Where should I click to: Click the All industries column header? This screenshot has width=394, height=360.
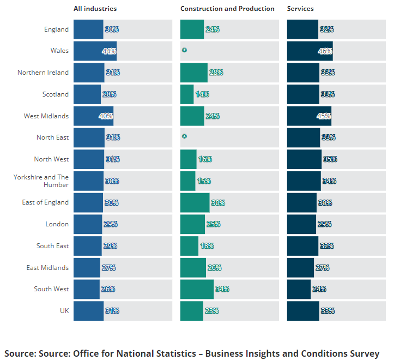pos(95,9)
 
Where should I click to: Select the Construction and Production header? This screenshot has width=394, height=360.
pos(227,9)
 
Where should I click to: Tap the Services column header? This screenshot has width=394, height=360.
pos(300,9)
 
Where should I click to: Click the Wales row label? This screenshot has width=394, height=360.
pos(59,51)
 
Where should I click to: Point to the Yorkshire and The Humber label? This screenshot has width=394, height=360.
pos(41,181)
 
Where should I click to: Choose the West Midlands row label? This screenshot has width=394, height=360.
pos(46,116)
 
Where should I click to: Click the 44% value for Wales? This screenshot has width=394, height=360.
pos(109,51)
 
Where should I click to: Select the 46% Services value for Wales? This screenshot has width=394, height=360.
pos(325,51)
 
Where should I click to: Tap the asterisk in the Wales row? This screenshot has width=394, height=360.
pos(184,51)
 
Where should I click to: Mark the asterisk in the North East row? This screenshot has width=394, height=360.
pos(184,137)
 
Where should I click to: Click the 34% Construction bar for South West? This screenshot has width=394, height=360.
pos(197,289)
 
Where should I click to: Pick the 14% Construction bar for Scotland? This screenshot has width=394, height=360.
pos(186,94)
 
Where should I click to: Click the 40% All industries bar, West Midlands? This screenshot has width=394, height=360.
pos(93,116)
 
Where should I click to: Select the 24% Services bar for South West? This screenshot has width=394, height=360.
pos(299,289)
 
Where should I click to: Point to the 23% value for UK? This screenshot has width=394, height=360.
pos(211,311)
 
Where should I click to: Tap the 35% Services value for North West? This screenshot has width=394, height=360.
pos(330,159)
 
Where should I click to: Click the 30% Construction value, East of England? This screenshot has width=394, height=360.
pos(218,202)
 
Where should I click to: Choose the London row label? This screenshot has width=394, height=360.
pos(57,224)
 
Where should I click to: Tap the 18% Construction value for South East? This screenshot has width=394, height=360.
pos(207,246)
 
